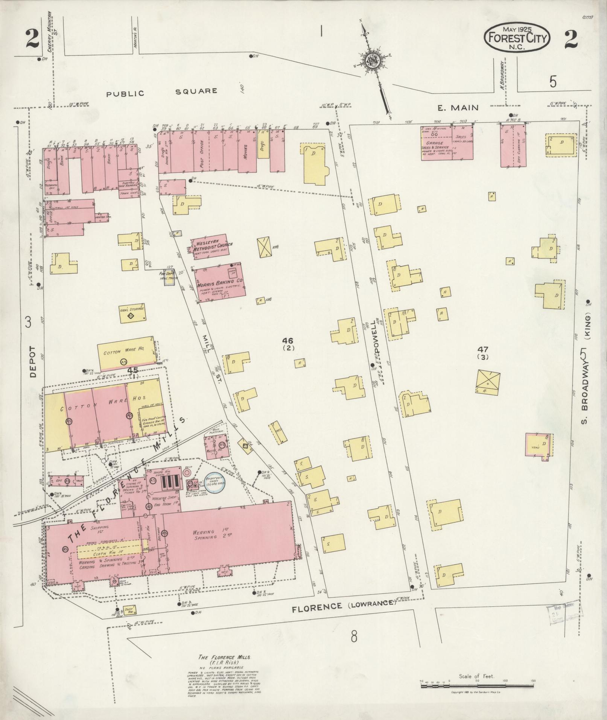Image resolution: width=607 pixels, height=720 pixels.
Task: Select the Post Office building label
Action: (x=202, y=154)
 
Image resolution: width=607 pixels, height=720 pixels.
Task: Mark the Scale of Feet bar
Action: (x=477, y=686)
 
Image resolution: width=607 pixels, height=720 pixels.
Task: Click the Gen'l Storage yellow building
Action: (x=133, y=313)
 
